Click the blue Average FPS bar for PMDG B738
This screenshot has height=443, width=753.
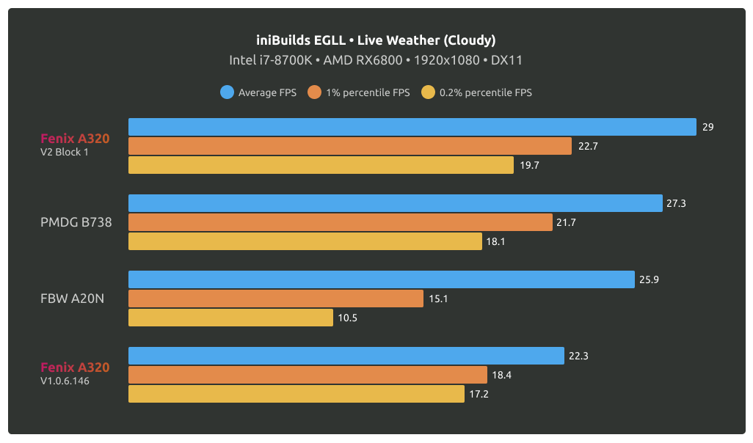coord(396,203)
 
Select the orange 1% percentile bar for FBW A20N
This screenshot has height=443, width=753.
coord(276,299)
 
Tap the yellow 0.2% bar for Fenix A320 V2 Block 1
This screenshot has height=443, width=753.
coord(321,165)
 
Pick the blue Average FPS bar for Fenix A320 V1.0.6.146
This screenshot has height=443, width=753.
coord(346,356)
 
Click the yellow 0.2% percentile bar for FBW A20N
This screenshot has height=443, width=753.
coord(230,318)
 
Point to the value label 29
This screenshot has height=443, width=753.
coord(708,127)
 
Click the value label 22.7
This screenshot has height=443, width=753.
coord(588,146)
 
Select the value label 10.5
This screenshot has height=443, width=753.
coord(347,318)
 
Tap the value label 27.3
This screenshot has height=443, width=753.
coord(676,203)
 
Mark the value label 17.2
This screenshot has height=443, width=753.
coord(479,394)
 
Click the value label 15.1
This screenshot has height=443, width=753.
coord(437,299)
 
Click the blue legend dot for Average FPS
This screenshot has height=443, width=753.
coord(227,92)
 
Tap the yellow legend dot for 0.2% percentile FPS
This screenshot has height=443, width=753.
coord(428,92)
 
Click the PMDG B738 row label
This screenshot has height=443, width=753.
coord(76,222)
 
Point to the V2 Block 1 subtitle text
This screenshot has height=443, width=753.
coord(65,153)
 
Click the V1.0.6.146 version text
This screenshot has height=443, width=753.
coord(65,381)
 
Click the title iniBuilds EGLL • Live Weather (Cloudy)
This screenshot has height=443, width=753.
coord(376,40)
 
